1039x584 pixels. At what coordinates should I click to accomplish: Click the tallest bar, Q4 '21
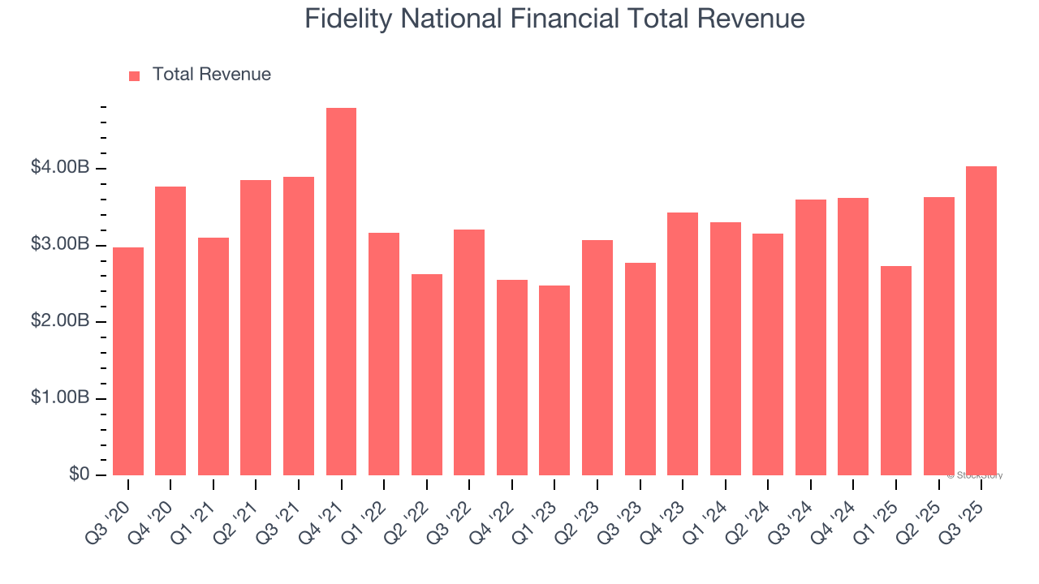341,292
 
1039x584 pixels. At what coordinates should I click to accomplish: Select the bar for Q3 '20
128,362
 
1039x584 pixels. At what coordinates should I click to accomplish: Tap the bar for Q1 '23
554,380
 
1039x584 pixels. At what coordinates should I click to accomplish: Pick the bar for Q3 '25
981,321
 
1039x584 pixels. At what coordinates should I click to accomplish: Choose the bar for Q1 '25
896,371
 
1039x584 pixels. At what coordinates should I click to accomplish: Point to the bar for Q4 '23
683,344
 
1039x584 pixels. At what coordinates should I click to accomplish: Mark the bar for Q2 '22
427,375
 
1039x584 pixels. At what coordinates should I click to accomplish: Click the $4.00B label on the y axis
60,168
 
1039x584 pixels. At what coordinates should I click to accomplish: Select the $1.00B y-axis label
60,398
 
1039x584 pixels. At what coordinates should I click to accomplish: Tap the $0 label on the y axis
79,474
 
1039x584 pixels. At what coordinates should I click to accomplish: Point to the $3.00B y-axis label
60,245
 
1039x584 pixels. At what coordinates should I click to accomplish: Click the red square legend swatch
135,75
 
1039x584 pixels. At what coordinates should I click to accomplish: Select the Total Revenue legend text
212,75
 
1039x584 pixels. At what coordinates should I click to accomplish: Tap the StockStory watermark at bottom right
977,475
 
